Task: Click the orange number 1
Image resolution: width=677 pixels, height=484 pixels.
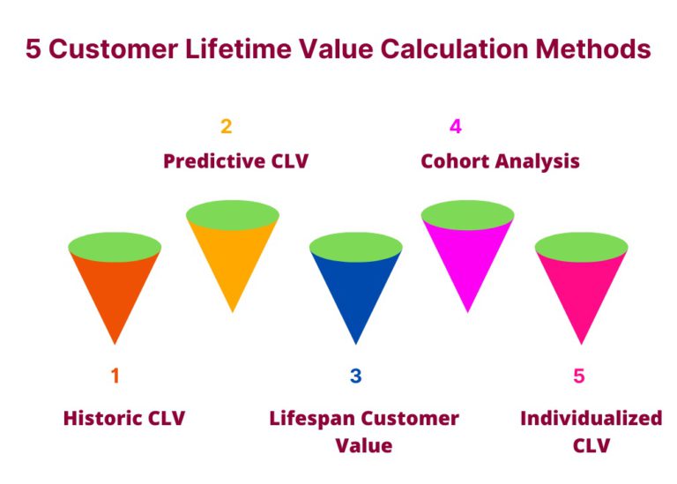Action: (x=115, y=376)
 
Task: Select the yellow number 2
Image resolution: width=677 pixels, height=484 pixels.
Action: (x=227, y=126)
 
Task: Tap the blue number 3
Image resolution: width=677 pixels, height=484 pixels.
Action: (x=356, y=376)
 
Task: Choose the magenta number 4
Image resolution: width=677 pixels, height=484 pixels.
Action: (x=456, y=126)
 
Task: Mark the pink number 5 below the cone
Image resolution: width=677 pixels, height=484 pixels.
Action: (x=579, y=376)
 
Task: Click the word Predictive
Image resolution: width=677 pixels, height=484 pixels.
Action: (x=214, y=161)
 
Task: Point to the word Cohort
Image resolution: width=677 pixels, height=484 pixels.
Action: (x=455, y=161)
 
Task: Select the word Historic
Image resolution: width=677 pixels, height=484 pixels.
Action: (x=103, y=418)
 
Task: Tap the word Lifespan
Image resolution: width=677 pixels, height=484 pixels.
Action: (x=312, y=419)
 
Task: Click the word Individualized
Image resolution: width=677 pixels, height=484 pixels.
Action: (x=591, y=418)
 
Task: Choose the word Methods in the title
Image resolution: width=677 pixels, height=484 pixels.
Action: (x=593, y=48)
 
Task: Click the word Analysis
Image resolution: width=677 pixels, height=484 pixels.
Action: (x=537, y=162)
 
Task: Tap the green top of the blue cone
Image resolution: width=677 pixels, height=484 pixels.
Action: (x=356, y=247)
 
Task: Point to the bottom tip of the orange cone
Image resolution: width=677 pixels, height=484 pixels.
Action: (x=115, y=344)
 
